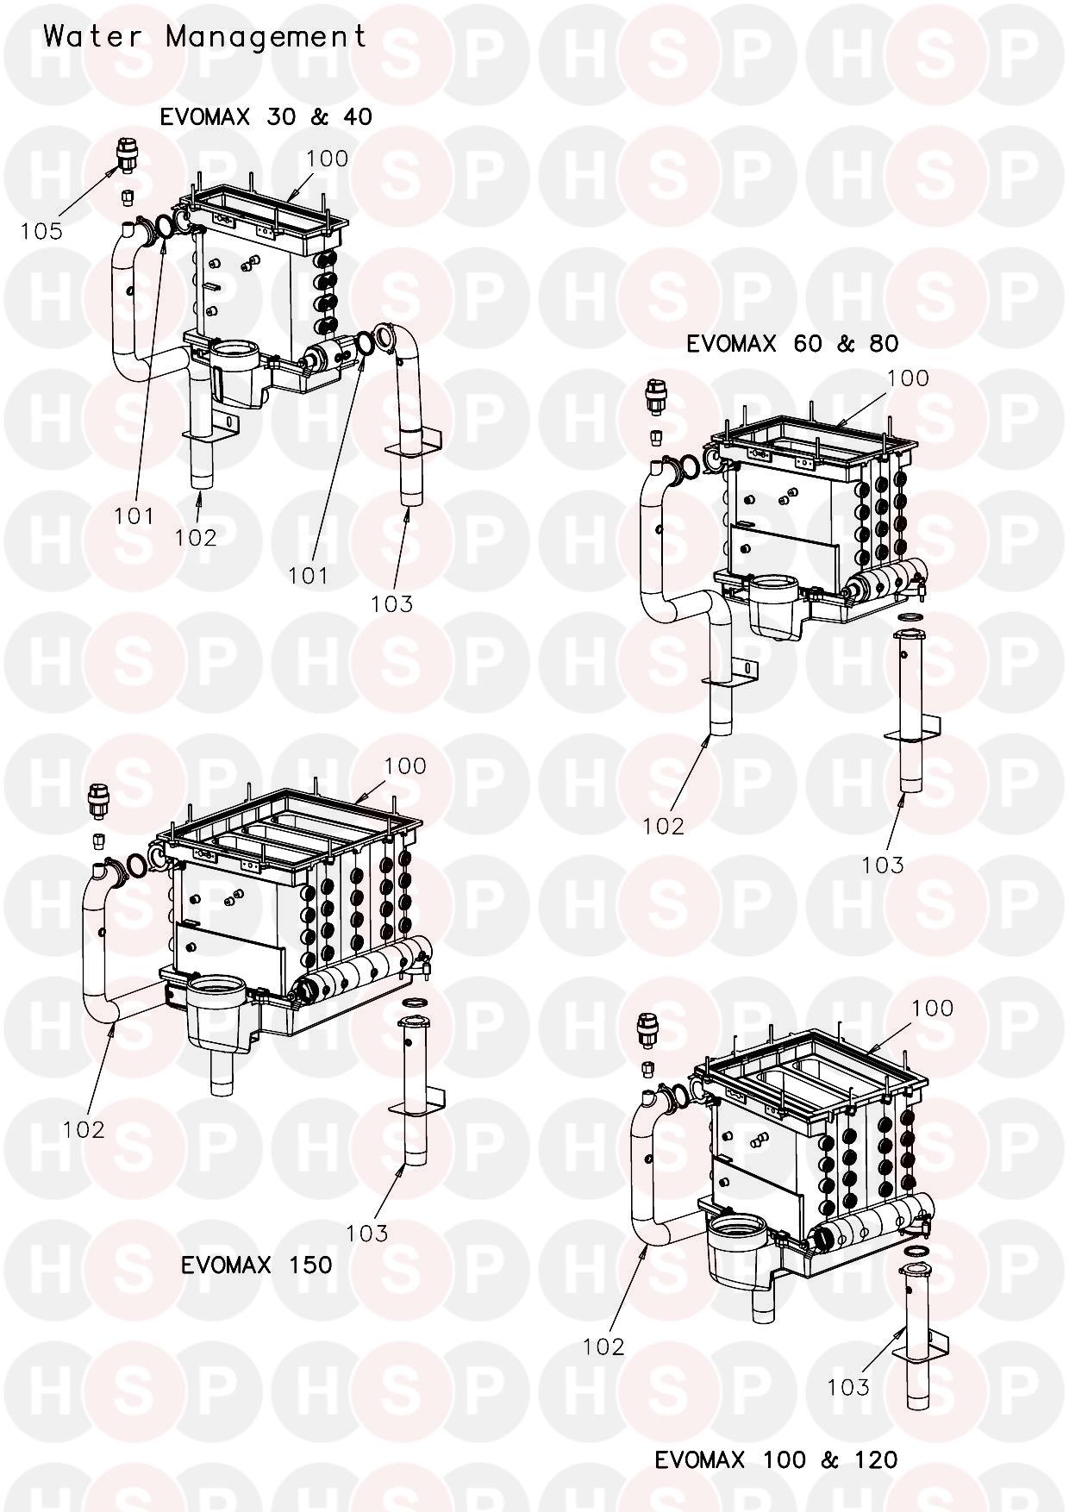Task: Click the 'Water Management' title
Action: (205, 37)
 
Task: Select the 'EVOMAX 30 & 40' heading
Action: (266, 117)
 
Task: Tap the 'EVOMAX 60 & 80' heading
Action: (792, 344)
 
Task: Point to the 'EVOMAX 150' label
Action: (256, 1265)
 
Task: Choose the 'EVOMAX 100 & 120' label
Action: (776, 1459)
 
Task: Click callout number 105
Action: (42, 231)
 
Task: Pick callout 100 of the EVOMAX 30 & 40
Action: (328, 159)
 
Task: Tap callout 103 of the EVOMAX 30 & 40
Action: (392, 603)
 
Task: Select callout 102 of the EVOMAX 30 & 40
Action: (196, 537)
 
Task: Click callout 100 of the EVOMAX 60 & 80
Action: (908, 378)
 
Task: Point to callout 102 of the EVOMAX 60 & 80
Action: (663, 826)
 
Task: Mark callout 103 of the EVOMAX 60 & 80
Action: (883, 865)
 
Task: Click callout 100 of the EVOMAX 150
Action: (405, 765)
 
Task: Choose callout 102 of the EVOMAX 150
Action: (84, 1129)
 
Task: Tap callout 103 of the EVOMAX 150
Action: (367, 1234)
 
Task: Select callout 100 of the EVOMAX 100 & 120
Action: (933, 1008)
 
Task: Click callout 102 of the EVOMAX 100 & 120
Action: (603, 1346)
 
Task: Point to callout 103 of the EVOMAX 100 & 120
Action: (848, 1386)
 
